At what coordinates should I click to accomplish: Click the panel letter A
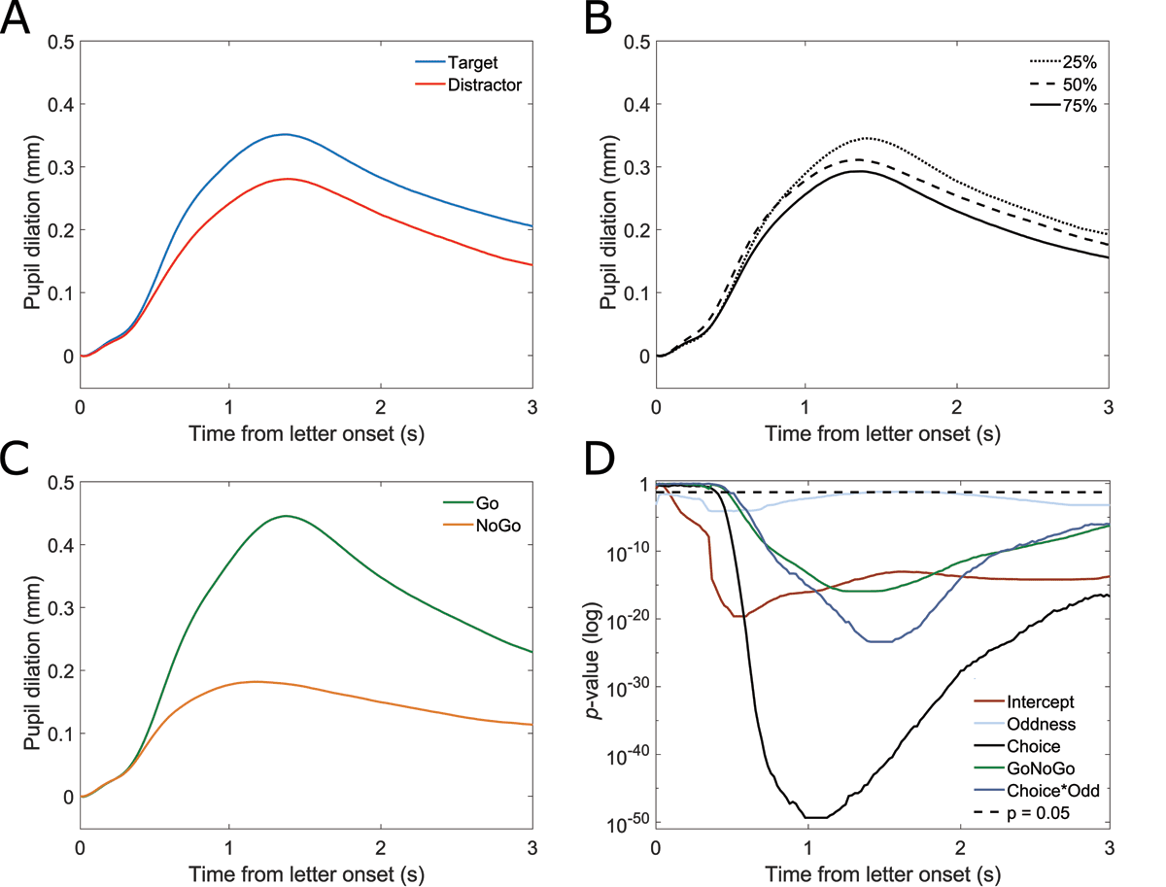[17, 19]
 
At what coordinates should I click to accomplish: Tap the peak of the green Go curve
[286, 516]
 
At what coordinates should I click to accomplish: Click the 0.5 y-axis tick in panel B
[637, 42]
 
